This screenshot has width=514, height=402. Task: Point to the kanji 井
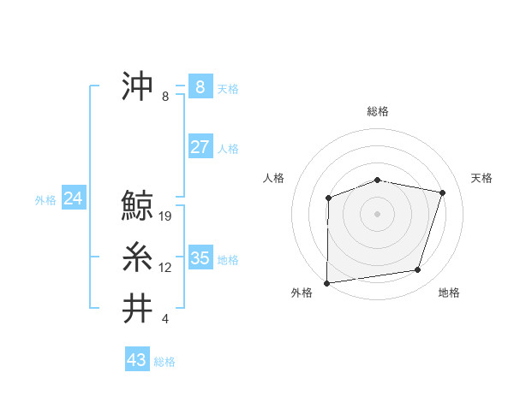coord(138,308)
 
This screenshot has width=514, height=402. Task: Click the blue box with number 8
coord(200,86)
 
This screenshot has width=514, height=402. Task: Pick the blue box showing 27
coord(200,146)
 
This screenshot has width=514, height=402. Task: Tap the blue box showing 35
coord(200,257)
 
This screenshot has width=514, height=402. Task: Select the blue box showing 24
coord(73,198)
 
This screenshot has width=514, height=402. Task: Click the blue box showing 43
coord(136,360)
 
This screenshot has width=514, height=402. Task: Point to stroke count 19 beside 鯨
coord(166,216)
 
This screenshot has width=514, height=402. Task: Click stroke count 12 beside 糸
coord(165,268)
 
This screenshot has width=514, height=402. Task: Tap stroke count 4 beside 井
coord(165,319)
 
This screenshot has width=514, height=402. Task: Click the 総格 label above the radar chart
coord(378,111)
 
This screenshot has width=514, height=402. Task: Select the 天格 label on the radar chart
coord(482,178)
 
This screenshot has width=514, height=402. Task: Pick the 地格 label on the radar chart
coord(449,293)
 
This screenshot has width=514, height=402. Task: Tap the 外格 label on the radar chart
coord(302,293)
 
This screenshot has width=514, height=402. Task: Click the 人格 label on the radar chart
coord(273,178)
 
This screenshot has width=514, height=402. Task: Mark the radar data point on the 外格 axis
coord(327,282)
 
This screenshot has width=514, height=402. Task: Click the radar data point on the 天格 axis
coord(442,192)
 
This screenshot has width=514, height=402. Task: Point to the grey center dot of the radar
coord(377,213)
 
